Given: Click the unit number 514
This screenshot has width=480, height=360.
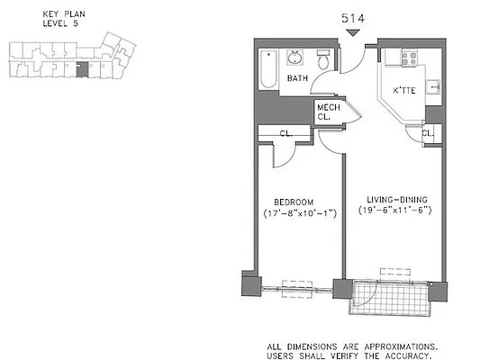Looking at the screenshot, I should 355,15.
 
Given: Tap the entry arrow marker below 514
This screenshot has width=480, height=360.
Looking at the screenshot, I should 355,33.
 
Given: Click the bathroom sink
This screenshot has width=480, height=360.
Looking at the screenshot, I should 295,60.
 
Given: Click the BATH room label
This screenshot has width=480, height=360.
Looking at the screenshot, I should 297,80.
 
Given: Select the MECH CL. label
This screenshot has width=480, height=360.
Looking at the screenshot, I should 326,112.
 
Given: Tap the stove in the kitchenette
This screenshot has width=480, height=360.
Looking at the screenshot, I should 400,59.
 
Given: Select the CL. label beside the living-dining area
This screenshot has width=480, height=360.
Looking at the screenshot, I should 428,135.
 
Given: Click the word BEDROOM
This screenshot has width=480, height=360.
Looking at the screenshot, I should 293,201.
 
